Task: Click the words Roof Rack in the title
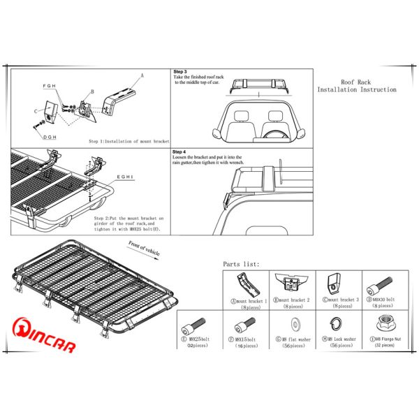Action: (x=356, y=82)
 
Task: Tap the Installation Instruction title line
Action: (x=356, y=90)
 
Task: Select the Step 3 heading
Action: (x=179, y=72)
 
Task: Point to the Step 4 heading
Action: (x=179, y=152)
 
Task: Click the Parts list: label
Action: (x=241, y=264)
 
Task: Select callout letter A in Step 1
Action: (x=142, y=74)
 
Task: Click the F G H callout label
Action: (x=50, y=86)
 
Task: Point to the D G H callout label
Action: (x=50, y=138)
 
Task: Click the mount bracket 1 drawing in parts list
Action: (x=244, y=286)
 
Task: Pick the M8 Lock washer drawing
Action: (x=334, y=324)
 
